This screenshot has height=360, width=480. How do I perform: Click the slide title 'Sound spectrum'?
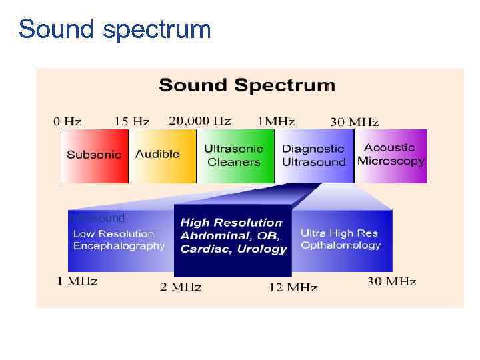coord(115,29)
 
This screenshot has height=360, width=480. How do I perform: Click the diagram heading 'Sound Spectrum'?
coord(247,85)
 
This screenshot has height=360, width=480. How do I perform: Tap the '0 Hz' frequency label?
coord(68,121)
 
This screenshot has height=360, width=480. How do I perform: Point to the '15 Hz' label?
coord(132,121)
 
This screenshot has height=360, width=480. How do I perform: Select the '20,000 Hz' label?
coord(200,121)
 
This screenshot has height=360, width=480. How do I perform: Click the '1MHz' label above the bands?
coord(276,121)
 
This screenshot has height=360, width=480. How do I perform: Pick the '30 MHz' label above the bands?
coord(355,122)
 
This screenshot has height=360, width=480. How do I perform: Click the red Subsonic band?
coord(94,155)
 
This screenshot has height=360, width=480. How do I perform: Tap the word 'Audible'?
coord(157,154)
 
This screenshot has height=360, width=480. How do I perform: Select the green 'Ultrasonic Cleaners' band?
coord(234,155)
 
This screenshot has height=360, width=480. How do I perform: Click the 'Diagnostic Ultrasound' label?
coord(313,155)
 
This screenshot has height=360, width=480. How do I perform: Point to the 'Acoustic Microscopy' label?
coord(391,154)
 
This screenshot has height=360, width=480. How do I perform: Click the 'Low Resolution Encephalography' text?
coord(119,240)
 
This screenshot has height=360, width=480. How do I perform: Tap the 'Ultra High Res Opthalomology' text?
coord(340,239)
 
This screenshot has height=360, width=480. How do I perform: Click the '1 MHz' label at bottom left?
coord(77,281)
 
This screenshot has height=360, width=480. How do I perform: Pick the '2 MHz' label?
coord(180,287)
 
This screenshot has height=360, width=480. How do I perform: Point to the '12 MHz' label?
coord(293,287)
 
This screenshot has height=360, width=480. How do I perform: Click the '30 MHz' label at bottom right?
coord(391,281)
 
